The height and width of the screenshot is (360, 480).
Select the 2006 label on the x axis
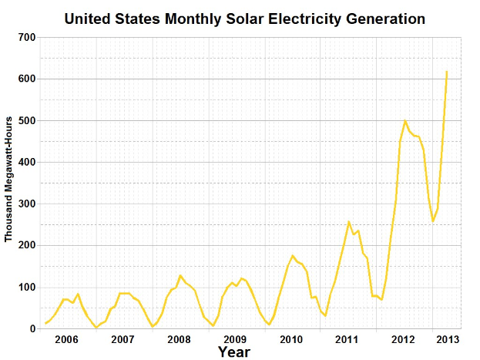pos(66,339)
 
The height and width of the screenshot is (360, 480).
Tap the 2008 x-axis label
pos(179,339)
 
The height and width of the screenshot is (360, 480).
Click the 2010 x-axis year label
pos(291,339)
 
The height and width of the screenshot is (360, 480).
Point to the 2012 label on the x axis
pos(403,339)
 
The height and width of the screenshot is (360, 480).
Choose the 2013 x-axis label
pos(448,339)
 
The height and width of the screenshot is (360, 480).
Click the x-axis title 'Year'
pos(233,352)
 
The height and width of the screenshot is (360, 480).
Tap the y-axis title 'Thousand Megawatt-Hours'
pos(9,182)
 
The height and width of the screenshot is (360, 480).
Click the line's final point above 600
pos(447,72)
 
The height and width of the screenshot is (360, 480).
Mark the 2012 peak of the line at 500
pos(405,120)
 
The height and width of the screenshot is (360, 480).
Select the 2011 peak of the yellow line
pos(349,222)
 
